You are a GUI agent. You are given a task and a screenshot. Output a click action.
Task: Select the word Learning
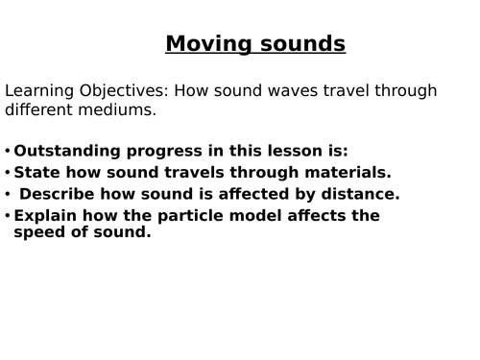point(37,91)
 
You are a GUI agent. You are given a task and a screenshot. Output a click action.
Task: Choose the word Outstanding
point(64,151)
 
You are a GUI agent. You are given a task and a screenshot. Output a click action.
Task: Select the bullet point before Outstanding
point(8,151)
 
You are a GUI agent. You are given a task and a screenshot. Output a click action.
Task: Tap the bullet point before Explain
point(8,215)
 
